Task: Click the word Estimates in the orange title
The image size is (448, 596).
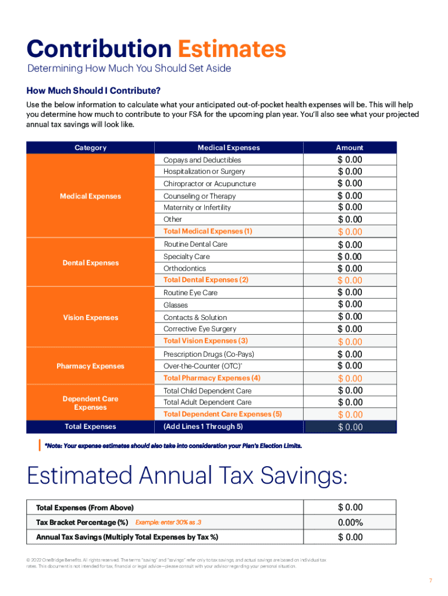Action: [x=232, y=49]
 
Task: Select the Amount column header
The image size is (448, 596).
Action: [x=349, y=148]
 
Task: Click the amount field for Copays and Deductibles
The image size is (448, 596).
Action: [x=349, y=159]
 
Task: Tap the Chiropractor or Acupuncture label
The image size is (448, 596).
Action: [x=209, y=184]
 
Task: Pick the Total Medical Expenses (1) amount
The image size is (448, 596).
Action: [x=349, y=232]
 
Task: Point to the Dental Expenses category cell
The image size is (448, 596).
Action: [x=90, y=263]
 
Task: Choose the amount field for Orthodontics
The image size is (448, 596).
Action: [x=349, y=268]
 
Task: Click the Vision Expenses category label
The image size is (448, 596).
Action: [x=90, y=318]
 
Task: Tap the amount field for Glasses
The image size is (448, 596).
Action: [x=349, y=304]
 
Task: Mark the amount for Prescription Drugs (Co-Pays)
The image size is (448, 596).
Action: [x=349, y=354]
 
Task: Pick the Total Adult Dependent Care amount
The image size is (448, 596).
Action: [x=349, y=402]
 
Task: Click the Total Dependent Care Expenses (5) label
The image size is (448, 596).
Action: [x=222, y=414]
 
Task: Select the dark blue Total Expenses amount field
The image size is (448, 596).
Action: [x=349, y=427]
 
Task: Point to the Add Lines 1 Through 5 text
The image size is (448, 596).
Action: [x=203, y=427]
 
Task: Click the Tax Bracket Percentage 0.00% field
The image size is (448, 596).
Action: [x=349, y=523]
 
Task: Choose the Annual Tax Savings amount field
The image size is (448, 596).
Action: [x=349, y=537]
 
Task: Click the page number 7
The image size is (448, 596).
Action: [x=431, y=580]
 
